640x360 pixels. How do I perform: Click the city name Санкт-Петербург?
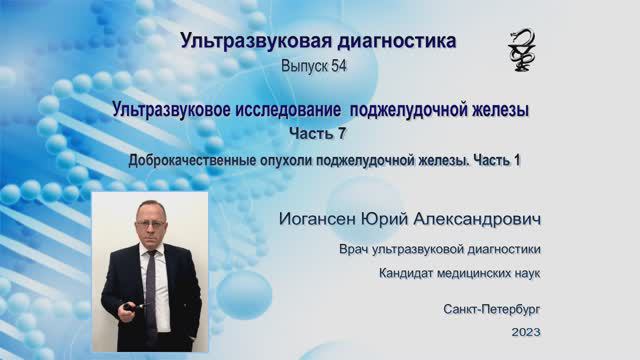point(492,310)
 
